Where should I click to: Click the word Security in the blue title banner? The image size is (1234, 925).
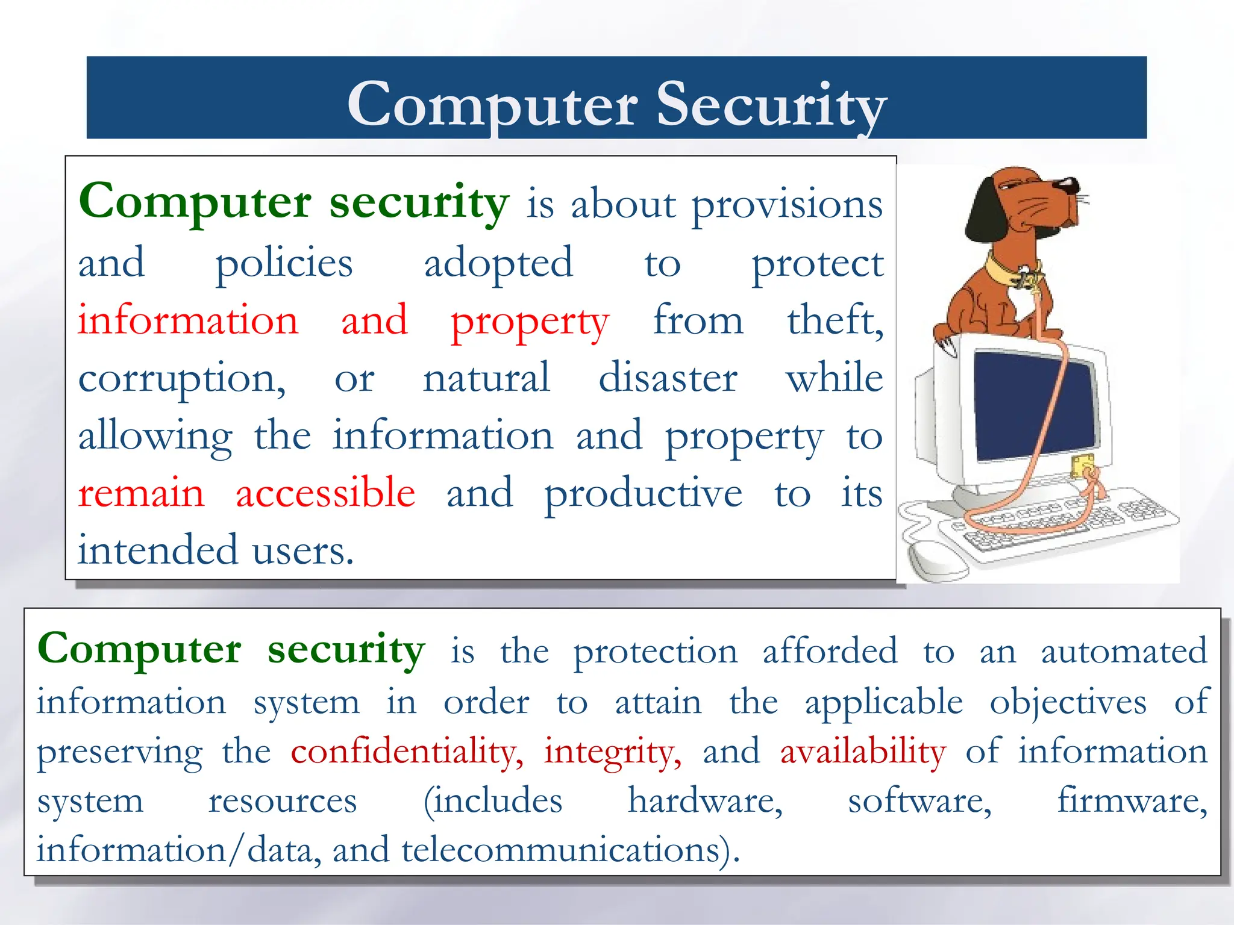tap(771, 105)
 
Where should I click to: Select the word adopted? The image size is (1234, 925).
tap(498, 264)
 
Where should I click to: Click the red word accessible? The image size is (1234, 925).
tap(325, 493)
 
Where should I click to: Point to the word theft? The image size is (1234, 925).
tap(834, 320)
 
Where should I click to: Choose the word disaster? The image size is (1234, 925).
tap(668, 378)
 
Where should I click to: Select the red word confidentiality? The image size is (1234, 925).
tap(407, 752)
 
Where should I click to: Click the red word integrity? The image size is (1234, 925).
tap(612, 752)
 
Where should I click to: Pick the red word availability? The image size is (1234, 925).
tap(863, 752)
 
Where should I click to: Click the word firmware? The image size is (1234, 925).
tap(1132, 802)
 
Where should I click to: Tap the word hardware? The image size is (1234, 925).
tap(705, 802)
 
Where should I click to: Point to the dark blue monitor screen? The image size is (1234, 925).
tap(1033, 406)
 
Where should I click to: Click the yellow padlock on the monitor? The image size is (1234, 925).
tap(1083, 464)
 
